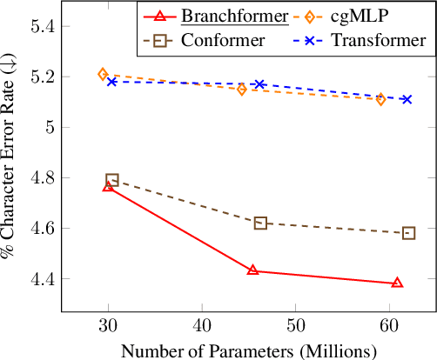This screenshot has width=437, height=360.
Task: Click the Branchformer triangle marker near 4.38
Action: tap(397, 283)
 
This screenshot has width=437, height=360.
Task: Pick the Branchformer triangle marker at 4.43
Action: tap(252, 270)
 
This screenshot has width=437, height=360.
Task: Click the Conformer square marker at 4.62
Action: tap(260, 223)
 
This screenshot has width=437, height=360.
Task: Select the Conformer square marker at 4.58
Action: tap(409, 233)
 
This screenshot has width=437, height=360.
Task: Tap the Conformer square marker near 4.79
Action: tap(112, 179)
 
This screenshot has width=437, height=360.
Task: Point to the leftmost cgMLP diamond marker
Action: tap(103, 75)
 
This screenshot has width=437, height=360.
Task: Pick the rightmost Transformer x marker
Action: tap(407, 99)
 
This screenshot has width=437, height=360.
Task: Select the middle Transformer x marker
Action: tap(259, 84)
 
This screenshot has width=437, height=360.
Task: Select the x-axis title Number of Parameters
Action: tap(248, 350)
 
